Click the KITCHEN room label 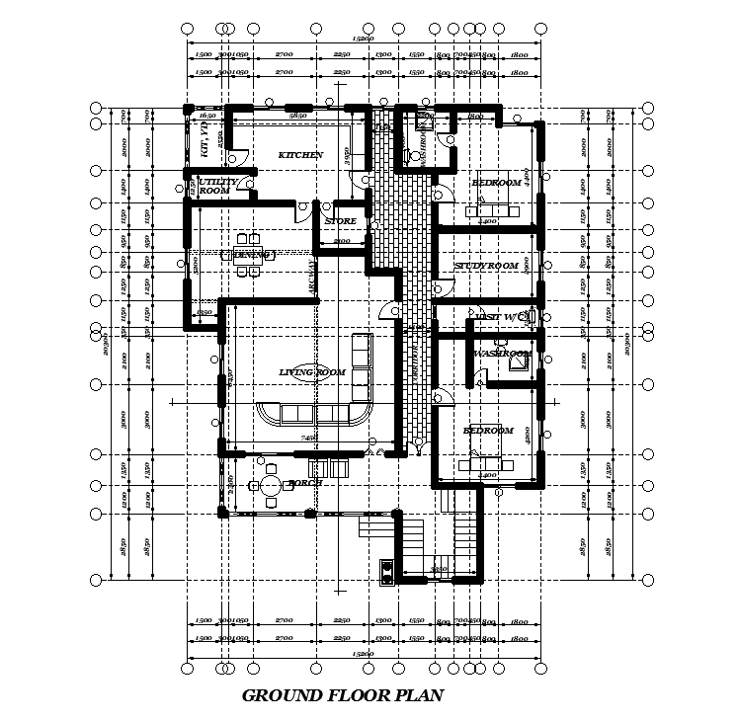[300, 155]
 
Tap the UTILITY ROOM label [216, 186]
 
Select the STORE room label [340, 221]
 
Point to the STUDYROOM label [486, 267]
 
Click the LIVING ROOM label [312, 372]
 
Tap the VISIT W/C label [502, 316]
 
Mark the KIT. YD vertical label [204, 139]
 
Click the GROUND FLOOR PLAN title [343, 695]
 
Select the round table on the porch [269, 486]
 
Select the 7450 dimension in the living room [308, 438]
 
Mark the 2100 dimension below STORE [342, 241]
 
